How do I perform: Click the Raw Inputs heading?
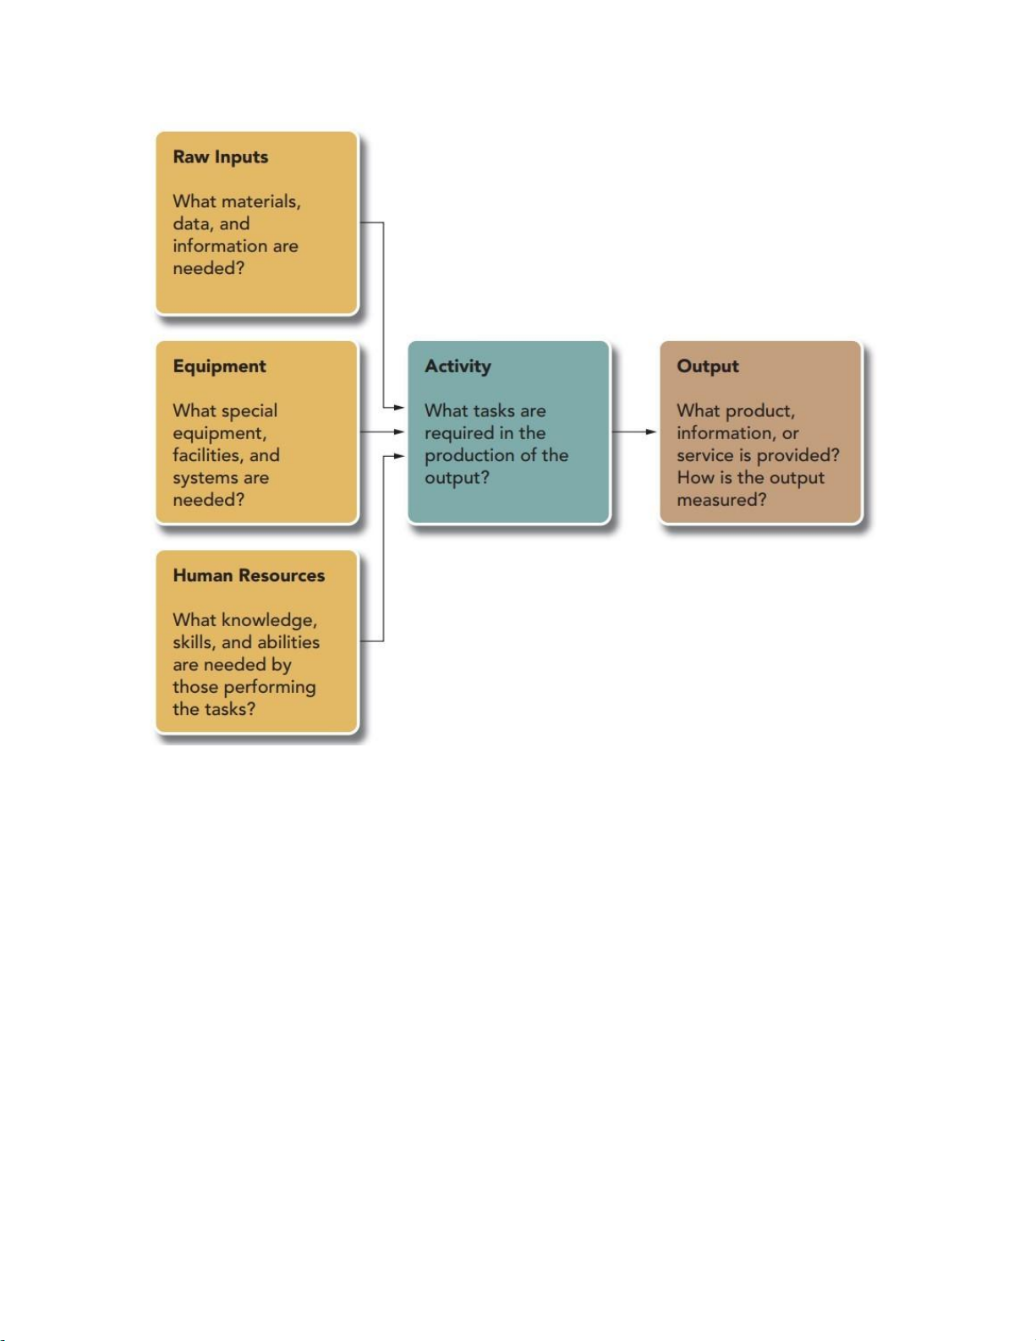[x=220, y=157]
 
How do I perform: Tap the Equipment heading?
[x=220, y=366]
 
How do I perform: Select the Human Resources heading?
[x=249, y=575]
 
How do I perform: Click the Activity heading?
[x=458, y=366]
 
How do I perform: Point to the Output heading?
[x=707, y=366]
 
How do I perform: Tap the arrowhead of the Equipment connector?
[x=399, y=432]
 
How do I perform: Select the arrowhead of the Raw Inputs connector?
[x=399, y=407]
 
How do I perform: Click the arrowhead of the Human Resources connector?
[x=399, y=456]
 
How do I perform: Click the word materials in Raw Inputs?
[x=262, y=202]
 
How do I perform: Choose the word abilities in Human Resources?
[x=288, y=642]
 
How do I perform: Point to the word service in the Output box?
[x=704, y=455]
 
